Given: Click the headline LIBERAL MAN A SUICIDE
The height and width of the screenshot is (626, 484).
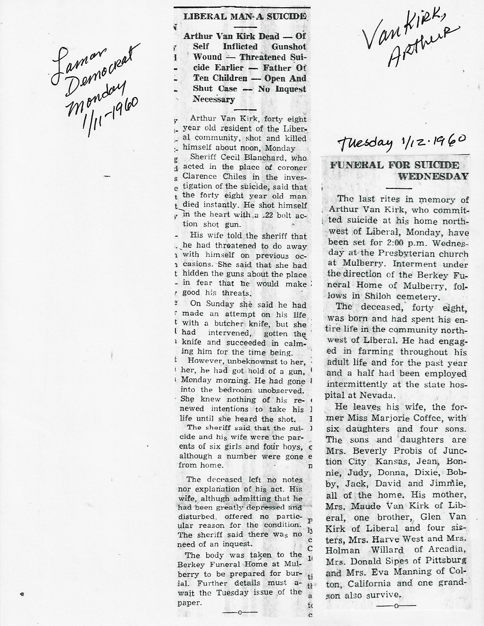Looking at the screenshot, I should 245,16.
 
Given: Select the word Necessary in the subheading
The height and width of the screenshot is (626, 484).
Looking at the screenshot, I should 214,100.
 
